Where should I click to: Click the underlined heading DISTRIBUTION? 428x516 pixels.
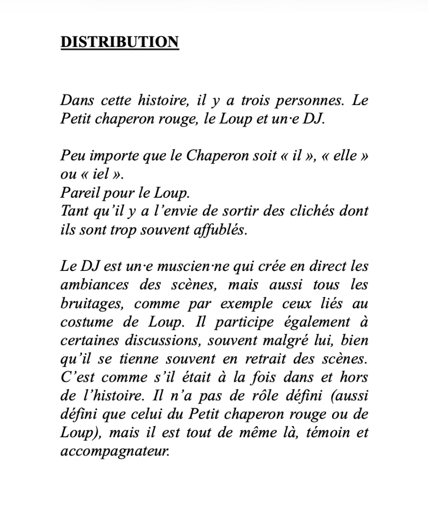coord(120,41)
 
